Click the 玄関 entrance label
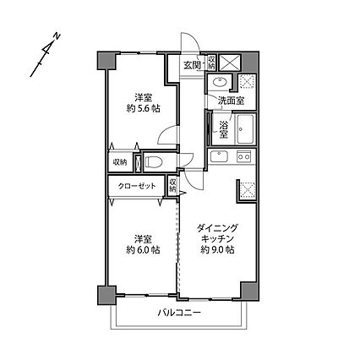tap(191, 65)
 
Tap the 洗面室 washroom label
tap(231, 101)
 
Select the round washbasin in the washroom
tap(219, 83)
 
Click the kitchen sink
tap(220, 157)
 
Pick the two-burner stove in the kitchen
tap(244, 156)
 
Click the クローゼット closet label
tap(135, 185)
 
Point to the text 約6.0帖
tap(142, 250)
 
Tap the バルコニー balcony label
tap(177, 314)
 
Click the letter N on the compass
tap(54, 35)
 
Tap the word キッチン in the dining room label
tap(217, 239)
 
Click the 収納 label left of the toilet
tap(119, 161)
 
